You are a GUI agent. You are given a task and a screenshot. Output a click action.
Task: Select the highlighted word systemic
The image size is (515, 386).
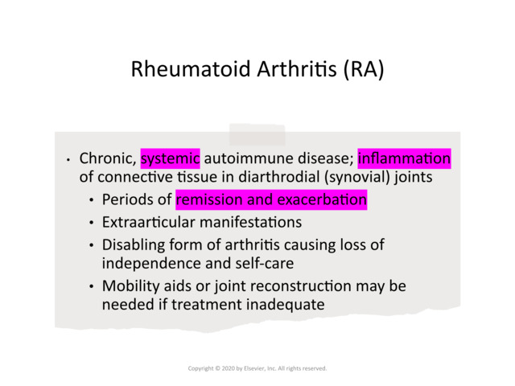pyautogui.click(x=170, y=158)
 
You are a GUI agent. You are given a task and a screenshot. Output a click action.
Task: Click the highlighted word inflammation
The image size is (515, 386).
pyautogui.click(x=404, y=158)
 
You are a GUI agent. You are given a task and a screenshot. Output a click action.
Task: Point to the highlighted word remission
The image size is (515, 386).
pyautogui.click(x=212, y=199)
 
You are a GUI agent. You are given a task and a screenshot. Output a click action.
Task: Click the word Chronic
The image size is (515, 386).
pyautogui.click(x=106, y=158)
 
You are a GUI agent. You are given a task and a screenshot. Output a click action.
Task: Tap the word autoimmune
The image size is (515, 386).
pyautogui.click(x=244, y=158)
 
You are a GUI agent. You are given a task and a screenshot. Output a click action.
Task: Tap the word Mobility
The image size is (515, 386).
pyautogui.click(x=130, y=286)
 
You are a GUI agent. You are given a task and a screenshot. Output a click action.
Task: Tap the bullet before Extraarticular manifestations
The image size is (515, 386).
pyautogui.click(x=93, y=223)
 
